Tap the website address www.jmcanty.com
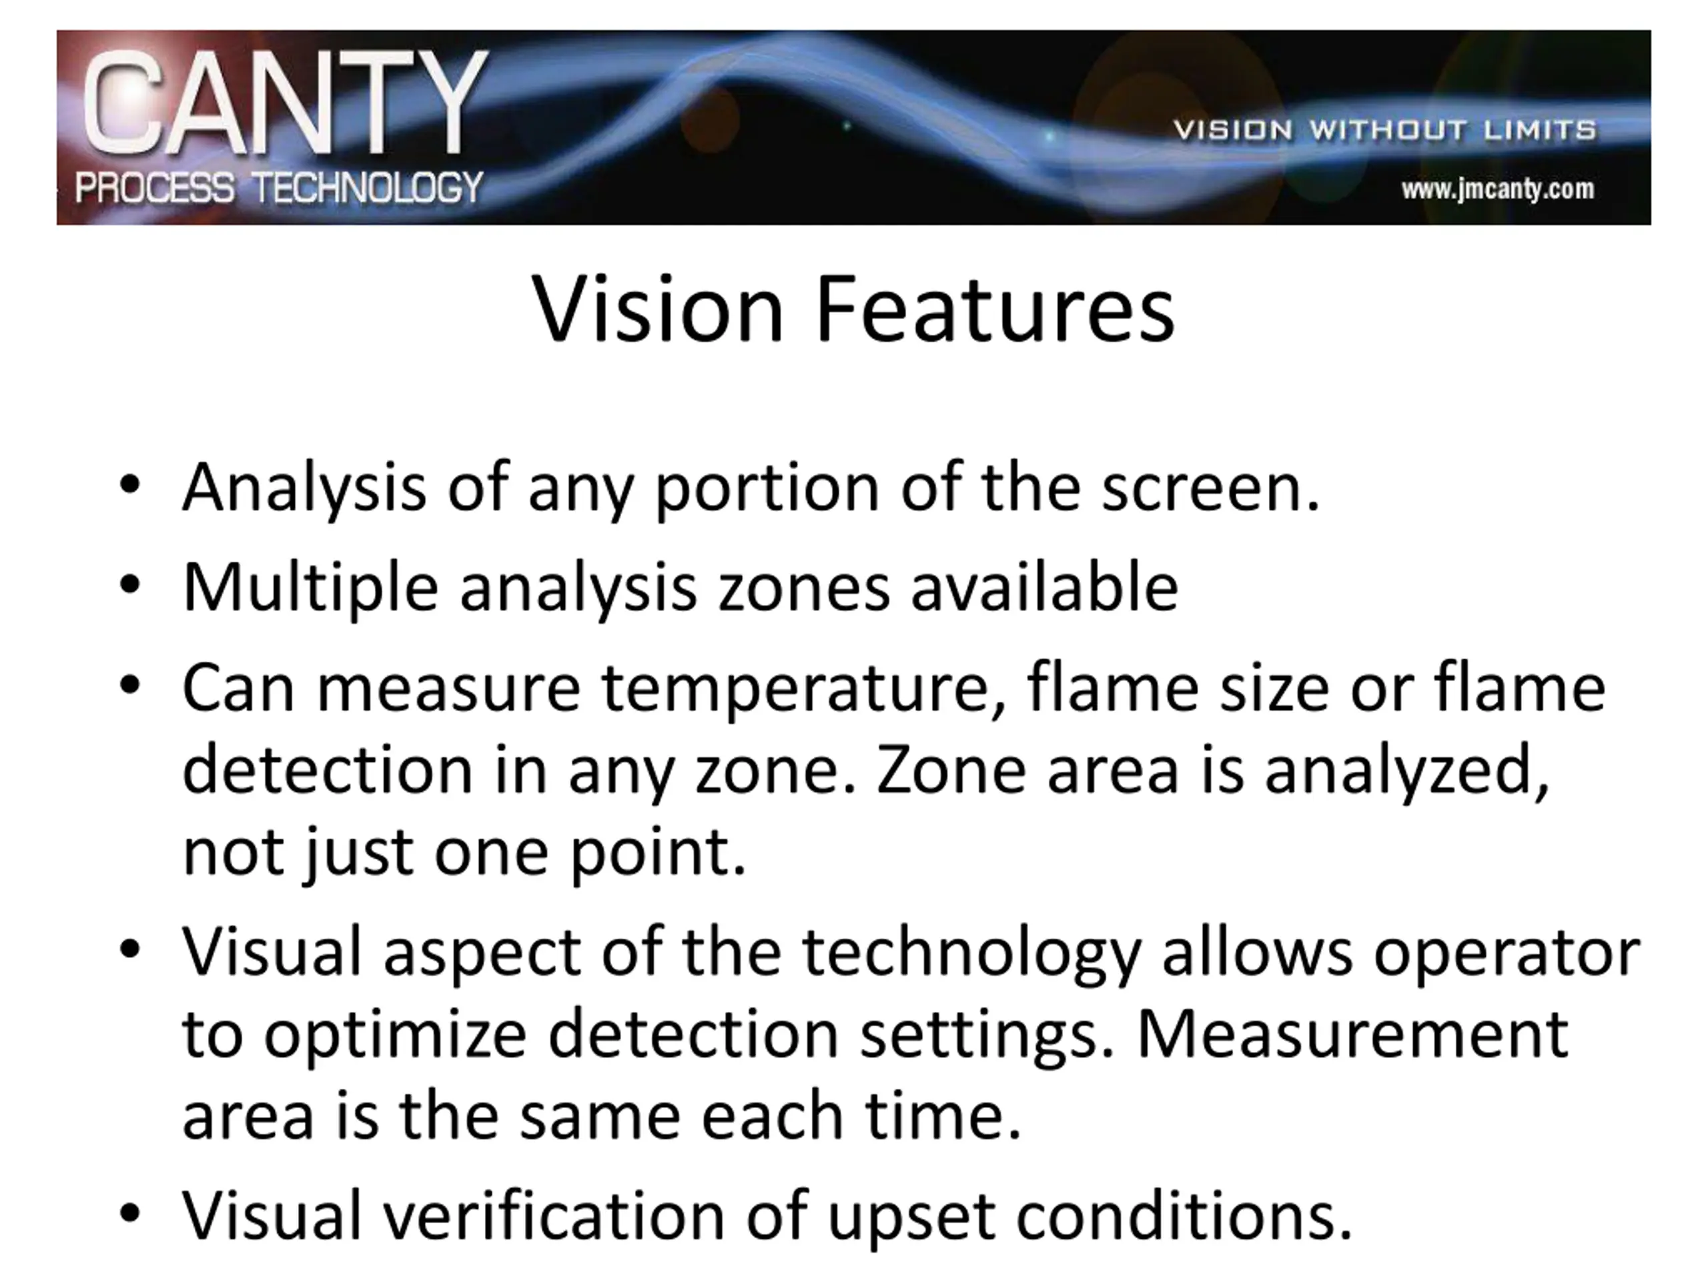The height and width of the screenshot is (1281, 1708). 1498,189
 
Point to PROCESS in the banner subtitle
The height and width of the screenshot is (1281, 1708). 154,187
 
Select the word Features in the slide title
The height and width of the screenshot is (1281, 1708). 995,310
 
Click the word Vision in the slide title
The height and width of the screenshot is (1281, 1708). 658,310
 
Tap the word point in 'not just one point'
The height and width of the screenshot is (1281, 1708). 658,855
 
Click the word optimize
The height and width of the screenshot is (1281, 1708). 396,1037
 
